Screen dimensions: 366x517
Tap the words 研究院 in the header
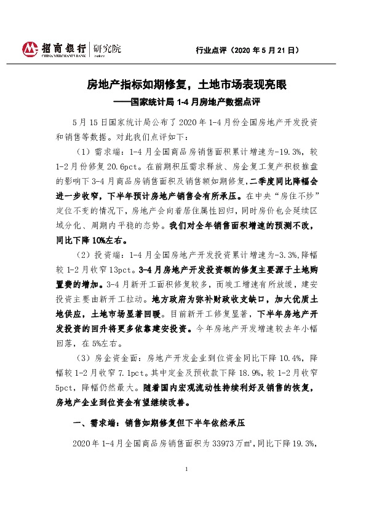107,47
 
